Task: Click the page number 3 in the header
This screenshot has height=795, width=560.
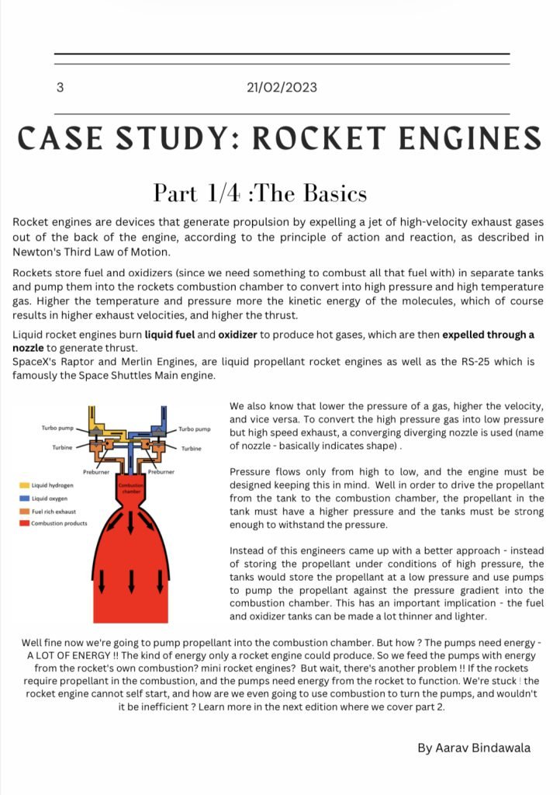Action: pyautogui.click(x=60, y=88)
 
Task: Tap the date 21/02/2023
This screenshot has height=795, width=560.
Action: pyautogui.click(x=282, y=88)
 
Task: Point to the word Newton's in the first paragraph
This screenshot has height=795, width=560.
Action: pyautogui.click(x=42, y=252)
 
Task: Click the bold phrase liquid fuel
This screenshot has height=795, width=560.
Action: pyautogui.click(x=171, y=335)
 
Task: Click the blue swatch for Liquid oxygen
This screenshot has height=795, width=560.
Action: pyautogui.click(x=25, y=498)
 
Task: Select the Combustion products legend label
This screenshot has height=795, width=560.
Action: pyautogui.click(x=60, y=523)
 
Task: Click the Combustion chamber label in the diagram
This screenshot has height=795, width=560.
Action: pyautogui.click(x=130, y=488)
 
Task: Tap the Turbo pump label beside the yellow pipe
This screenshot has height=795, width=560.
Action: pyautogui.click(x=57, y=429)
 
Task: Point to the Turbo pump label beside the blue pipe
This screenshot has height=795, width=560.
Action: pyautogui.click(x=195, y=429)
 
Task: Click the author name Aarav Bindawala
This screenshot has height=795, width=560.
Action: pyautogui.click(x=473, y=748)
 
